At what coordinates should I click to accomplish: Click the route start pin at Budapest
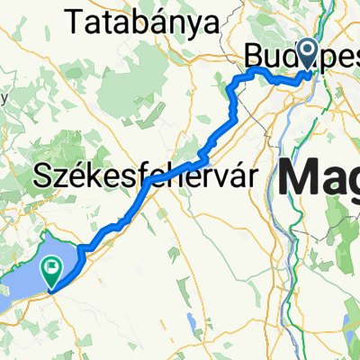click(x=308, y=56)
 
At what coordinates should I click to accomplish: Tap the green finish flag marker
click(x=52, y=267)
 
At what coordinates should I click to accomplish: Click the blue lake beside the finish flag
click(x=27, y=279)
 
